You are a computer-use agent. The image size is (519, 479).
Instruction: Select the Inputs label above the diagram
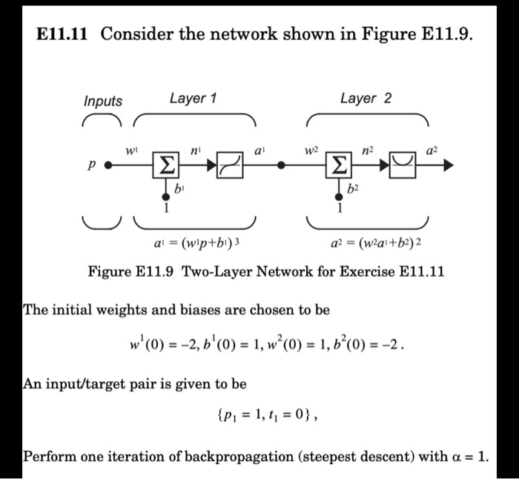click(x=103, y=102)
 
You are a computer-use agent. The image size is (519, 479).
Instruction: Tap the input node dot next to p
click(x=107, y=168)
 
